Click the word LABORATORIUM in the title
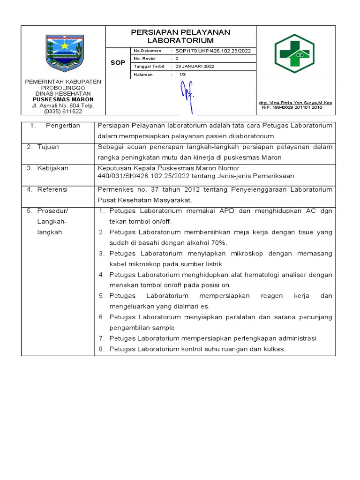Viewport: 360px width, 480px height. coord(180,41)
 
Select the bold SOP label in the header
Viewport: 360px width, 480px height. coord(118,63)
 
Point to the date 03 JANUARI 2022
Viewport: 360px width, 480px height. coord(195,66)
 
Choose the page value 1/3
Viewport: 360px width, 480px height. coord(183,74)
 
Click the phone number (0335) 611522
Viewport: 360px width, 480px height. coord(63,112)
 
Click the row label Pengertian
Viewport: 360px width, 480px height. coord(63,126)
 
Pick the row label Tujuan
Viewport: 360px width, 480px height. coord(48,147)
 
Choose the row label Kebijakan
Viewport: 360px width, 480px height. coord(53,168)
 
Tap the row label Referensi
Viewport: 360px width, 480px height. coord(52,189)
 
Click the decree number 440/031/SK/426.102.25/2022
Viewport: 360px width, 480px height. coord(143,176)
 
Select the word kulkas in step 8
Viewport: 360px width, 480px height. coord(274,349)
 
